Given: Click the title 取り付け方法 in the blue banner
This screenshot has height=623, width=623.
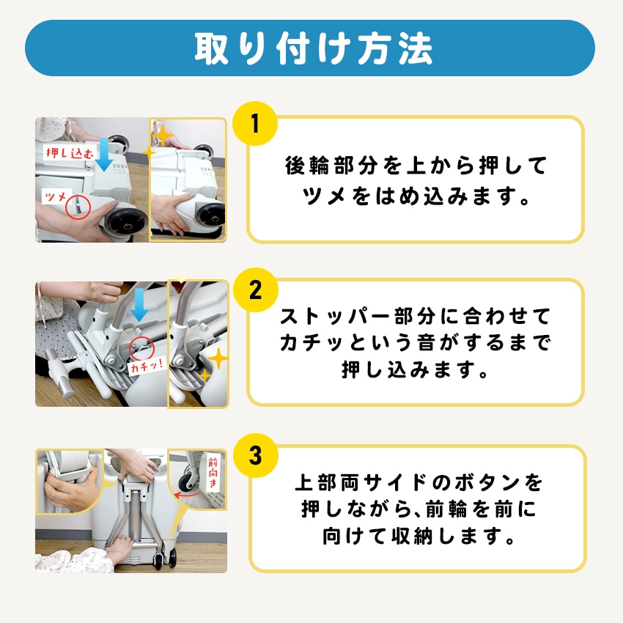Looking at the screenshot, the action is click(313, 48).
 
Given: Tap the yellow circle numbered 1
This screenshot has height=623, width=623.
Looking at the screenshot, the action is click(255, 124).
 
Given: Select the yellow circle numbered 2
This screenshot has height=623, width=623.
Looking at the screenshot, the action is click(255, 290).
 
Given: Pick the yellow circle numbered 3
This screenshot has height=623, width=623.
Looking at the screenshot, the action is click(255, 455).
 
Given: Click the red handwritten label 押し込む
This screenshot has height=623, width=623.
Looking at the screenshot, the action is click(70, 152).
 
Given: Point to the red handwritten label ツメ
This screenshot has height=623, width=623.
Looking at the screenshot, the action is click(56, 196).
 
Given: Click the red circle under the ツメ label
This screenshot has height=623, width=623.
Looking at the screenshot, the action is click(78, 207).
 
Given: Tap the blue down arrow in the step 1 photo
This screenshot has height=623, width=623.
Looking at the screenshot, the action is click(104, 155).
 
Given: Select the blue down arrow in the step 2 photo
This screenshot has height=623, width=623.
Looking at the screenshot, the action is click(139, 305).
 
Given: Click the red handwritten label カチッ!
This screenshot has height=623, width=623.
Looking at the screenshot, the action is click(147, 365).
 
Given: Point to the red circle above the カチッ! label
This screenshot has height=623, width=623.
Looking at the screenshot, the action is click(141, 347).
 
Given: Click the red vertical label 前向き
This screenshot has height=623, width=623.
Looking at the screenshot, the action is click(213, 473).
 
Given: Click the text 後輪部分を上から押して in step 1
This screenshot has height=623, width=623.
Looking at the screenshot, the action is click(416, 166).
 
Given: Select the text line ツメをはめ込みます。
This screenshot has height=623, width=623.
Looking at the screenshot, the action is click(416, 196).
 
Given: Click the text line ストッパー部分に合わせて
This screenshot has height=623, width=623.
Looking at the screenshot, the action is click(415, 317).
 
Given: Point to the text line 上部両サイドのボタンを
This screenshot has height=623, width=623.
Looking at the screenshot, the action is click(418, 482).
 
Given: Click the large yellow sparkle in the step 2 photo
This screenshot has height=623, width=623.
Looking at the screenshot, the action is click(218, 359).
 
